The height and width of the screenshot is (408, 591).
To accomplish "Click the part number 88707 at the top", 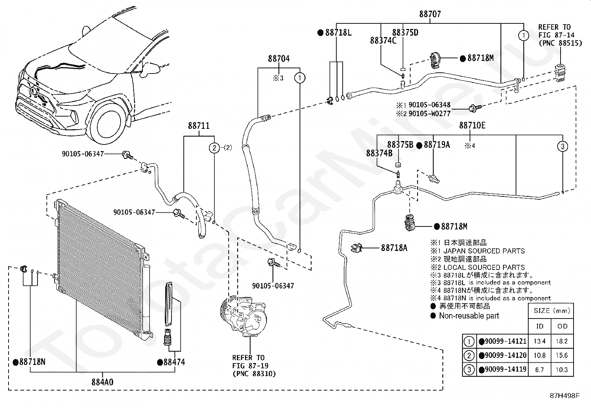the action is point(430,14).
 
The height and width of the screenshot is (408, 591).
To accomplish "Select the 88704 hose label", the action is point(279,58).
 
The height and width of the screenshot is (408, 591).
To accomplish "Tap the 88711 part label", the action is point(199,125).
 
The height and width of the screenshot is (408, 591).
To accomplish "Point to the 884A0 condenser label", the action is point(102,382).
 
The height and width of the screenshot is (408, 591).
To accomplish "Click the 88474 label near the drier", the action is point(174,362).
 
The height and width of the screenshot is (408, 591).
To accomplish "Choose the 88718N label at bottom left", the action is point(32,362).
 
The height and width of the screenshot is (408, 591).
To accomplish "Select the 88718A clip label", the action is point(394,248).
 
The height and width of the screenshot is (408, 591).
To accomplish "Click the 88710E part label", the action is point(472,125).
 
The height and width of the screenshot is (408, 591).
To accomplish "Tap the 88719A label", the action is point(437,145).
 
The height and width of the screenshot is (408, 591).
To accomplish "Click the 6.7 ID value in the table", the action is point(539,370).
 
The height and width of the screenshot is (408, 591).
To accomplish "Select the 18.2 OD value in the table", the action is point(562,341).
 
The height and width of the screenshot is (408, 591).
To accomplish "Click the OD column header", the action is point(562,326).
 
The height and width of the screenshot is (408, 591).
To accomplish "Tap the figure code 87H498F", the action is point(565,396).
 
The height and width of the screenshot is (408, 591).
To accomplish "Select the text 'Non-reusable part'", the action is point(469,316).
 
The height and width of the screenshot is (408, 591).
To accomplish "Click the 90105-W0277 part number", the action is point(430,114).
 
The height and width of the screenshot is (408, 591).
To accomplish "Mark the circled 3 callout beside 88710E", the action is point(562,146).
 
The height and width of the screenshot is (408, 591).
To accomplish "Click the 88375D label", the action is point(405,32).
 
